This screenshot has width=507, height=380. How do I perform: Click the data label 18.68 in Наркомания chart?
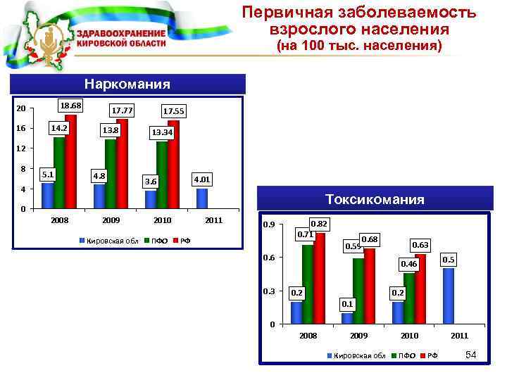coord(71,106)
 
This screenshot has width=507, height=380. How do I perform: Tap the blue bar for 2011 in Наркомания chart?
coord(202,198)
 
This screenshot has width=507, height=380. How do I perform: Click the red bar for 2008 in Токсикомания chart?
coord(320,278)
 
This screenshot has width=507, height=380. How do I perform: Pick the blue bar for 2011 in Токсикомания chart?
coord(449,296)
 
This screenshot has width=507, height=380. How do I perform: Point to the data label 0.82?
coord(320,223)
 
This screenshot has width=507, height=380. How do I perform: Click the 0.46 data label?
coord(409,264)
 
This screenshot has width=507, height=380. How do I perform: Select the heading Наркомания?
coord(127,84)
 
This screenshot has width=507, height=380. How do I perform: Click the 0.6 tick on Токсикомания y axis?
coord(268,258)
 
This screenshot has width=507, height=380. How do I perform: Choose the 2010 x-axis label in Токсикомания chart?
coord(409,336)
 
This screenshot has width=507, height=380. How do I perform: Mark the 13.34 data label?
coord(162,132)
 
